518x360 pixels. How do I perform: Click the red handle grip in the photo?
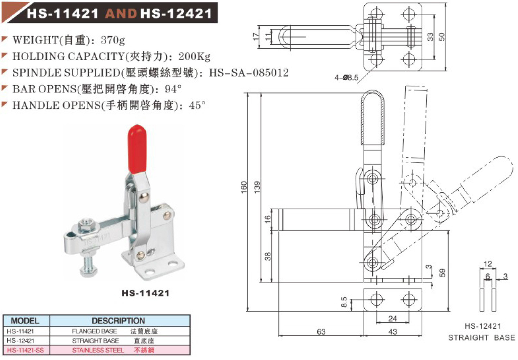(x=137, y=149)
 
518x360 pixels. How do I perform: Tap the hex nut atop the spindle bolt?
(x=85, y=226)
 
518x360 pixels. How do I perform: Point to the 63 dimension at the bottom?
(x=321, y=332)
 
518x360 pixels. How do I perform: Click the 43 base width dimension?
(x=393, y=332)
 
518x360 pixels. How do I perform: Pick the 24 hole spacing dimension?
(x=393, y=319)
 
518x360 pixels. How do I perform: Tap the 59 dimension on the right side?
(x=442, y=273)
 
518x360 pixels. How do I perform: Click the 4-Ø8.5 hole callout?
(x=346, y=78)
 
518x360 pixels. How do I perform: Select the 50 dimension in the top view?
(x=442, y=37)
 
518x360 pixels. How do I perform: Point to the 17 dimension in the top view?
(x=256, y=37)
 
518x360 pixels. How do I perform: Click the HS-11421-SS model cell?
(x=26, y=350)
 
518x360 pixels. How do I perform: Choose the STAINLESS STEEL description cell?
(x=98, y=350)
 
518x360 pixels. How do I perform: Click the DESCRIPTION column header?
(x=118, y=321)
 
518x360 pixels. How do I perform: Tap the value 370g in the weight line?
(x=113, y=40)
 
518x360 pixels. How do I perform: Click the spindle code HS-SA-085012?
(x=249, y=73)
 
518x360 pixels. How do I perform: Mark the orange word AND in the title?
(x=121, y=13)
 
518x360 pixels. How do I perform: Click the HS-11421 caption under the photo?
(x=145, y=293)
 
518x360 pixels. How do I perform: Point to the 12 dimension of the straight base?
(x=488, y=264)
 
